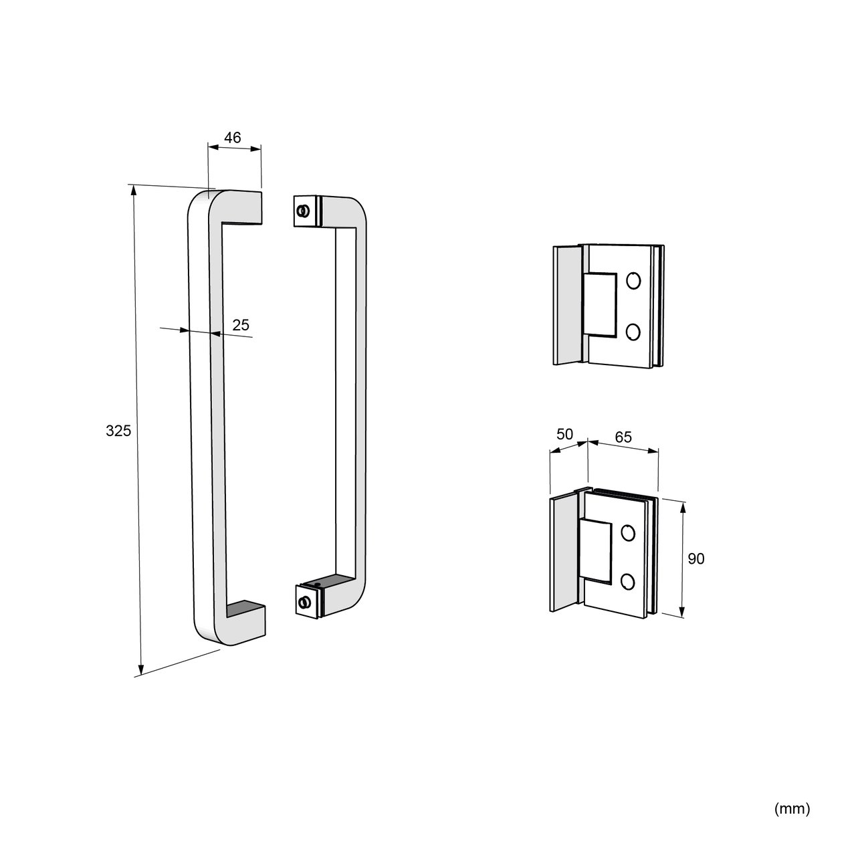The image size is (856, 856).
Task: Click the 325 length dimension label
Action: (x=118, y=431)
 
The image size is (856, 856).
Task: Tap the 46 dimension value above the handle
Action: (x=232, y=138)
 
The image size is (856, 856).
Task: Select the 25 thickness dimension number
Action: (x=241, y=325)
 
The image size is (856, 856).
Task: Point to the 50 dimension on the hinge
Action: (x=564, y=434)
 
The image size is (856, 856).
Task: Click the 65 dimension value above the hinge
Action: (x=623, y=437)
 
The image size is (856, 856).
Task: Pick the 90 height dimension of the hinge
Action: (x=696, y=558)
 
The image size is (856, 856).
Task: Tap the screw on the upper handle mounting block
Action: (x=304, y=211)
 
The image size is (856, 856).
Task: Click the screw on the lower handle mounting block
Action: (x=304, y=602)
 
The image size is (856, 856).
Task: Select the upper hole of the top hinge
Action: (x=633, y=281)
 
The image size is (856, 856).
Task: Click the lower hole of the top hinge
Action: (x=633, y=332)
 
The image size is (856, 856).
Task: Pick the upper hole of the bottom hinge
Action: (x=628, y=532)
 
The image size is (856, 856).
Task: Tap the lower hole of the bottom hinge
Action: (x=628, y=581)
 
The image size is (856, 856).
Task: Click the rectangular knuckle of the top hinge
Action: (x=600, y=304)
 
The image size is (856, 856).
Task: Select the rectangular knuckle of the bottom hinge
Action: (x=595, y=551)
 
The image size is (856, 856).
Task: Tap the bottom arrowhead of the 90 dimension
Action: (x=682, y=611)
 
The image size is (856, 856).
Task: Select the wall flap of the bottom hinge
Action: (x=564, y=552)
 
